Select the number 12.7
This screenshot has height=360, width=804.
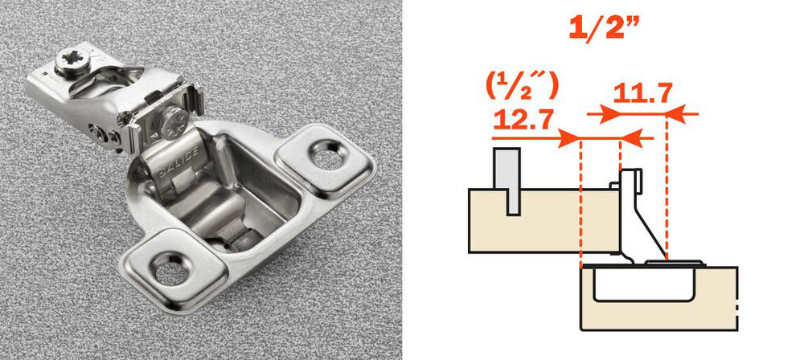pyautogui.click(x=523, y=120)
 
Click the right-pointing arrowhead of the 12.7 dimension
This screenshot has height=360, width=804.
pyautogui.click(x=570, y=138)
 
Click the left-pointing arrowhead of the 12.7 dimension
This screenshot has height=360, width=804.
pyautogui.click(x=631, y=138)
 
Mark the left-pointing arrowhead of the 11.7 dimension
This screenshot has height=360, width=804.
pyautogui.click(x=677, y=113)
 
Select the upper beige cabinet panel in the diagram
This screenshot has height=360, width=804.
pyautogui.click(x=544, y=220)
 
